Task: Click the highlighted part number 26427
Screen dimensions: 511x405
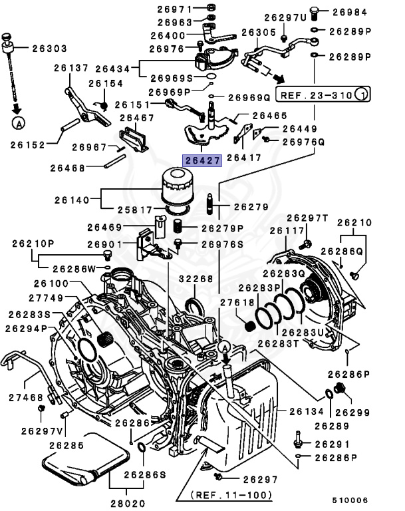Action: point(203,161)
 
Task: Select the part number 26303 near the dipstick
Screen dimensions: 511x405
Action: point(48,48)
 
